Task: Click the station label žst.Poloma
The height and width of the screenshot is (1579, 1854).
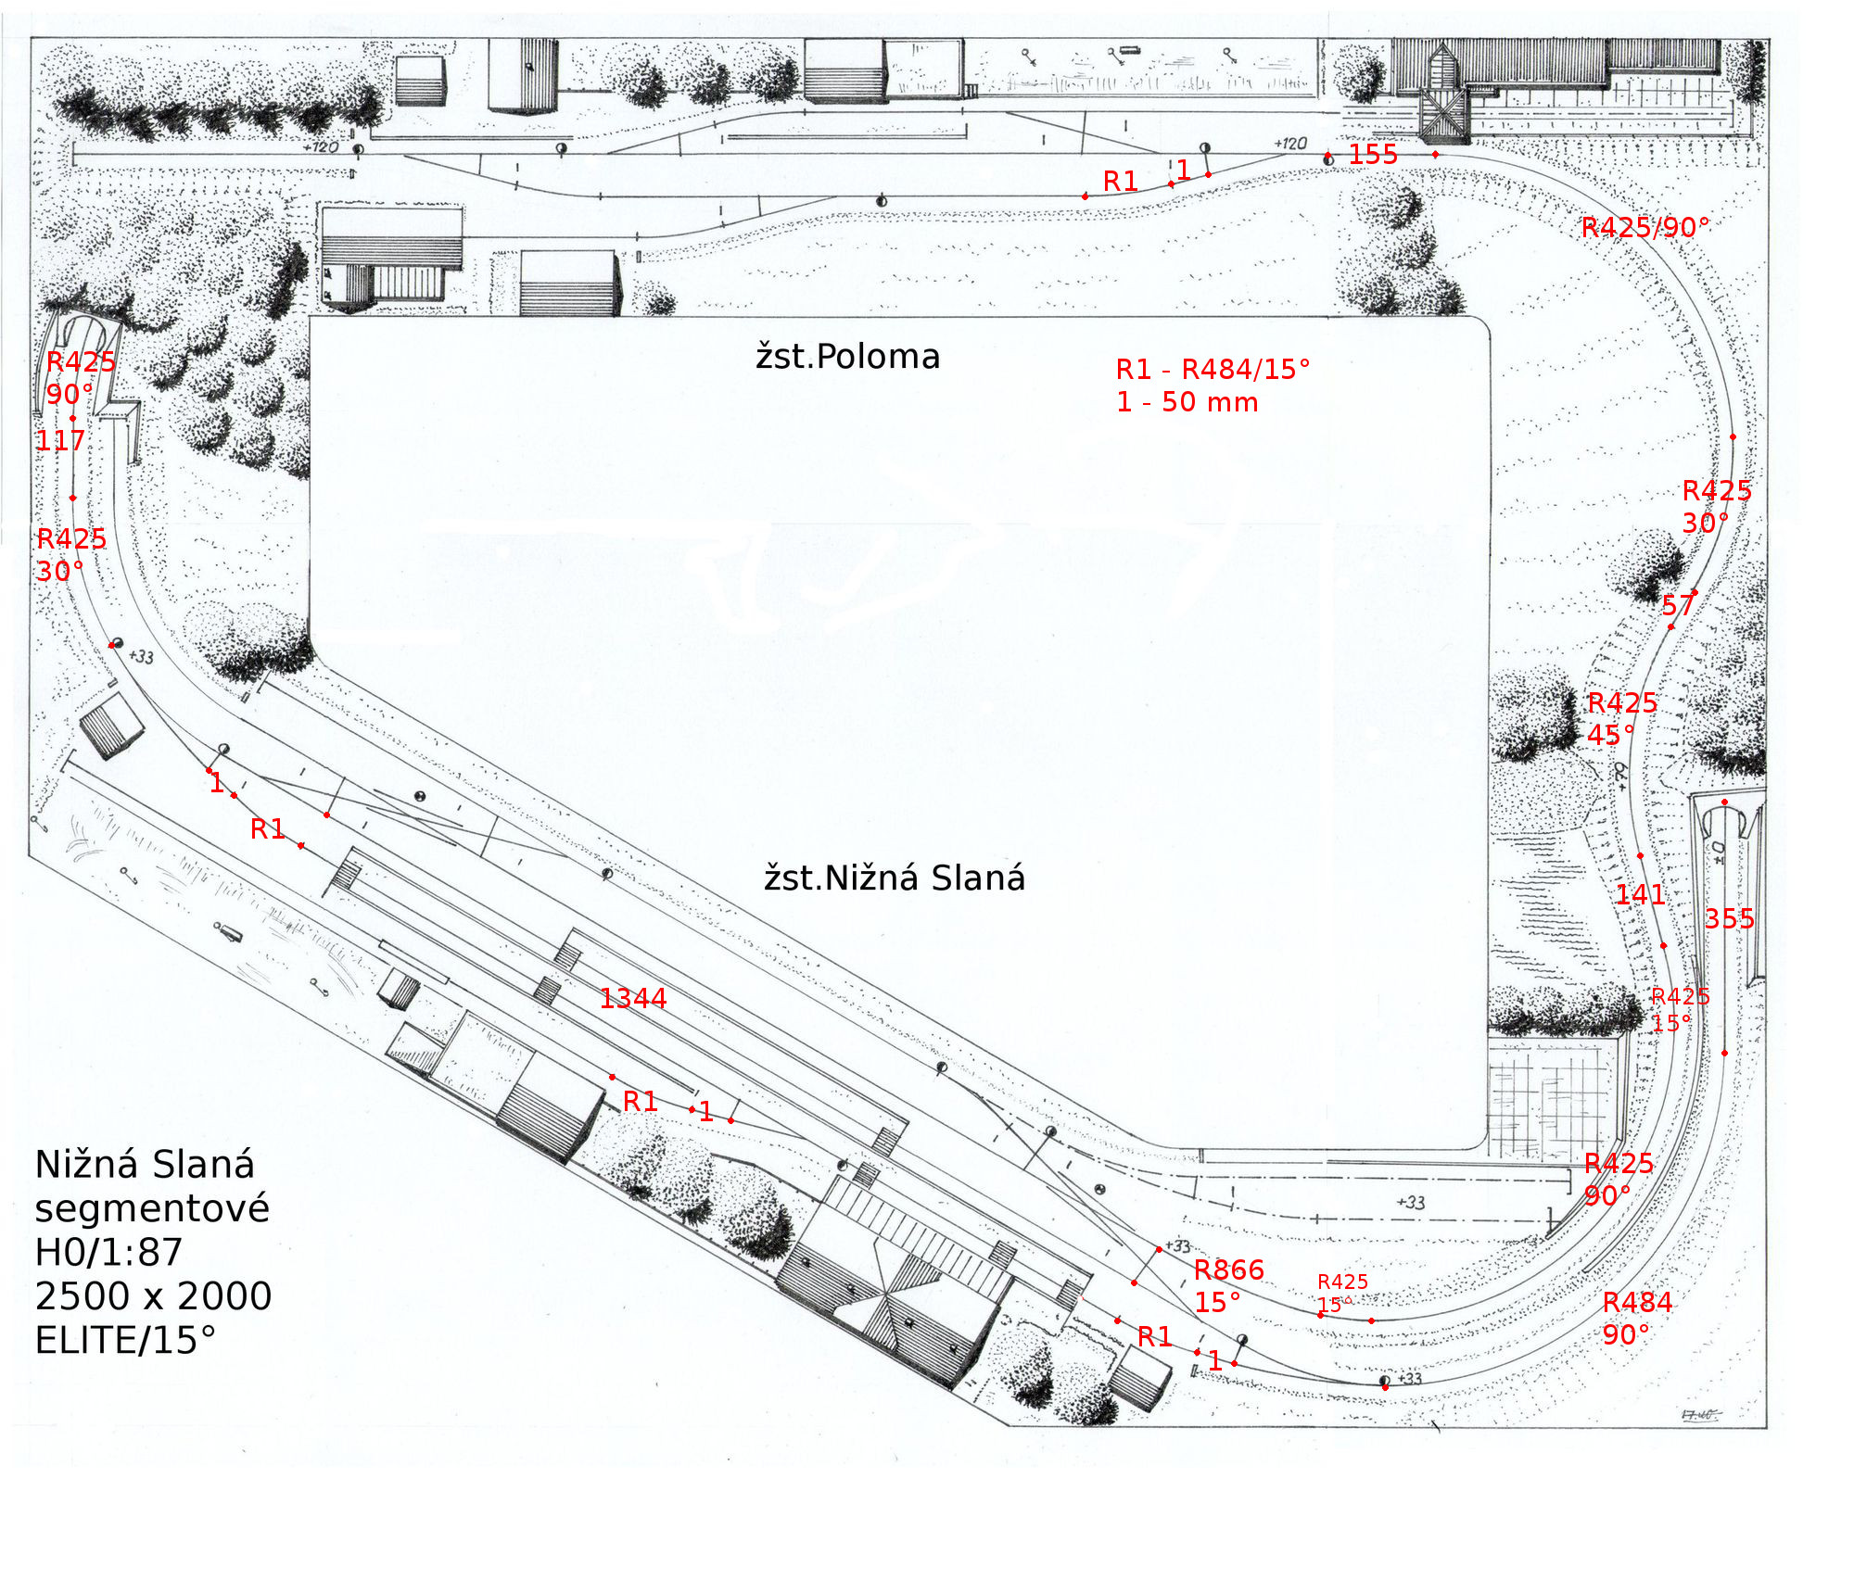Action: coord(847,357)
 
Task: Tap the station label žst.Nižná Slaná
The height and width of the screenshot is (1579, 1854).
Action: coord(895,878)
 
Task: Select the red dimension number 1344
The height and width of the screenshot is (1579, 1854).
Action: coord(633,999)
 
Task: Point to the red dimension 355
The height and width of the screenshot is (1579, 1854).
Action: coord(1730,919)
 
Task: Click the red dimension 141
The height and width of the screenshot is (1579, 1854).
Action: coord(1640,895)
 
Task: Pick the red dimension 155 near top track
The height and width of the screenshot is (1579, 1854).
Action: coord(1373,155)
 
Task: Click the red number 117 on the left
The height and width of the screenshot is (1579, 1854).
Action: coord(60,441)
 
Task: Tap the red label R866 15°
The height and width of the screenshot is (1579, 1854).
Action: coord(1228,1286)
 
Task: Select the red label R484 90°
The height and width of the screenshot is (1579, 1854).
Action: coord(1637,1319)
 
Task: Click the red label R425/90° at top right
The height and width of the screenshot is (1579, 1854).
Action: coord(1645,228)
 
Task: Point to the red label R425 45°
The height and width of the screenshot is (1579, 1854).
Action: coord(1621,719)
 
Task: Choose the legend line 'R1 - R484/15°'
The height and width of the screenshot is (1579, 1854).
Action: coord(1213,370)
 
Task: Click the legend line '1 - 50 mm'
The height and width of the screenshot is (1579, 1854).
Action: coord(1187,402)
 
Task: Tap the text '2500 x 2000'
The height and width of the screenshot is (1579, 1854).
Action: coord(153,1296)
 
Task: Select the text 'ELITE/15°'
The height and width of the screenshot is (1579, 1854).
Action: coord(125,1341)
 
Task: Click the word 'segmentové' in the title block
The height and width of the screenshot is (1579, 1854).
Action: coord(152,1208)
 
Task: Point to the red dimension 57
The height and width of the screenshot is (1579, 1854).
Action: coord(1678,607)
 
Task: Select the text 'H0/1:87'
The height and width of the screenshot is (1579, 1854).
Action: coord(108,1253)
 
